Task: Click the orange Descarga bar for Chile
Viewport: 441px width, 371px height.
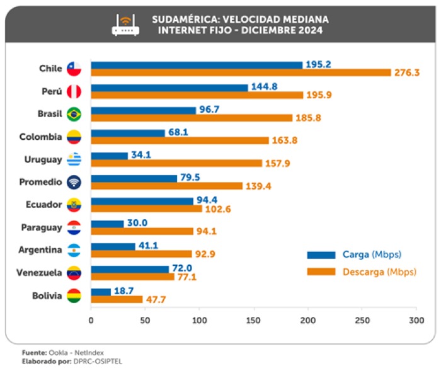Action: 241,72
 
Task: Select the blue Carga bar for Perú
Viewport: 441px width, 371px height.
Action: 169,88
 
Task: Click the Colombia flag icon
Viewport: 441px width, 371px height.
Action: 74,137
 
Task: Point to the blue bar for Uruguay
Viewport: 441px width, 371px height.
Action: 109,156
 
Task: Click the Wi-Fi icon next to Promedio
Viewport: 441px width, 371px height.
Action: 74,182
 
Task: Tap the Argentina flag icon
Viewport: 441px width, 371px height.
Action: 74,250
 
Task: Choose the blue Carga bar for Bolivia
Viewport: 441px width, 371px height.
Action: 101,292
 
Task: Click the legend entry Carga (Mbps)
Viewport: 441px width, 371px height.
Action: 372,255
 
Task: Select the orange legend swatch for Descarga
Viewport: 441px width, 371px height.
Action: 321,272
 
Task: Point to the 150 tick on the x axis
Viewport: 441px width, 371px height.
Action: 254,320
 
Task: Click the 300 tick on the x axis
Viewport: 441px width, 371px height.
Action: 416,320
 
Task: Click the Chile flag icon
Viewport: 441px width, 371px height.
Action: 74,69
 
